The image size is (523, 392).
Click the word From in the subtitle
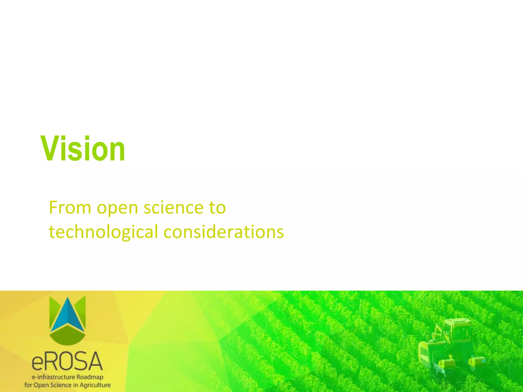tap(70, 207)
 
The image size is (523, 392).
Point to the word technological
tap(103, 232)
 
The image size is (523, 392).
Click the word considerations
tap(223, 232)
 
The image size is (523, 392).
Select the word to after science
tap(217, 207)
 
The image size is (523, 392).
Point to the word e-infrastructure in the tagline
tap(53, 377)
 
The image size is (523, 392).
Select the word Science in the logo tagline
tap(61, 385)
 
